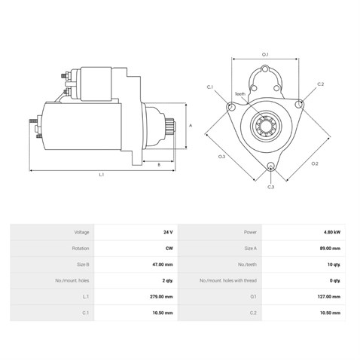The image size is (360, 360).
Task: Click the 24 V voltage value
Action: [x=168, y=232]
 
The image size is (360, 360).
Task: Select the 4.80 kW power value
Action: [x=332, y=232]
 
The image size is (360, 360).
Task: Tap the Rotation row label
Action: [x=81, y=249]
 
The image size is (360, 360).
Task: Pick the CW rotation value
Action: [x=169, y=249]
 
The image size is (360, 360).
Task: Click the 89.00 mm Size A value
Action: [x=330, y=249]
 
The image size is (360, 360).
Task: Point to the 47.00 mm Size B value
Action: [x=162, y=264]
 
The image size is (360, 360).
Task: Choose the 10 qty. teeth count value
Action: [x=334, y=264]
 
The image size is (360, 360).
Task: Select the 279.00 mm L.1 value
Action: [x=161, y=297]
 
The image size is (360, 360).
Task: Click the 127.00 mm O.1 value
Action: [x=329, y=297]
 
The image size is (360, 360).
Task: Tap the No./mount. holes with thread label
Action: [x=228, y=280]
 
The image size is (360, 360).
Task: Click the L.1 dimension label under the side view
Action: [x=102, y=175]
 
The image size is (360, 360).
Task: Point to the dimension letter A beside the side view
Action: [x=191, y=125]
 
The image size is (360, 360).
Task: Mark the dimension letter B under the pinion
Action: [x=159, y=165]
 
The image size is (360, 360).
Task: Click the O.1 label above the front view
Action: [x=265, y=54]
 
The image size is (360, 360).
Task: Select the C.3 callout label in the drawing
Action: [x=270, y=187]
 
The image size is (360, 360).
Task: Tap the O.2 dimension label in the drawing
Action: [x=315, y=163]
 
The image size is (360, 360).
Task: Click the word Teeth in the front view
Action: [x=240, y=94]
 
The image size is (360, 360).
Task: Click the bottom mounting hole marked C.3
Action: [x=270, y=166]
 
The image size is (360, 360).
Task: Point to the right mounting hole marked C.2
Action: [x=299, y=104]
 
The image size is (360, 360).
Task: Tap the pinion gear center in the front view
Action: [x=266, y=126]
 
